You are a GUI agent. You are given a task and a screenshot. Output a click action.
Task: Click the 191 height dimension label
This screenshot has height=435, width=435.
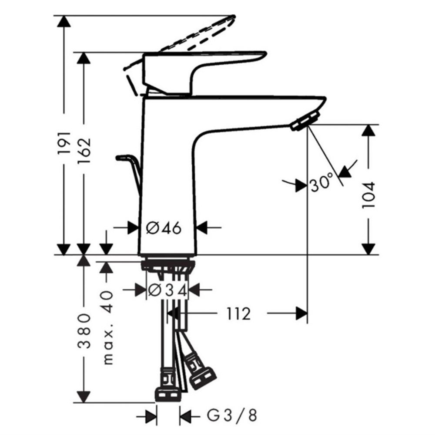[x=64, y=143]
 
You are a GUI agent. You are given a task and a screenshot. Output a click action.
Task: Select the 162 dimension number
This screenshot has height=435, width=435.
[x=84, y=150]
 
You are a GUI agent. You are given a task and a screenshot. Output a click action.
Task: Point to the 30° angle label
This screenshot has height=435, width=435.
[x=322, y=182]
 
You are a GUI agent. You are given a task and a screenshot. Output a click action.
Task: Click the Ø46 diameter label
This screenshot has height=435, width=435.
[x=164, y=228]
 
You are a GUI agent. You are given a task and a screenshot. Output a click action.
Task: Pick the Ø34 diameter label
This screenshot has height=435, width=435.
[x=167, y=290]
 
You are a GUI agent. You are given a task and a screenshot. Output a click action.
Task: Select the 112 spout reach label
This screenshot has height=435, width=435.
[x=239, y=314]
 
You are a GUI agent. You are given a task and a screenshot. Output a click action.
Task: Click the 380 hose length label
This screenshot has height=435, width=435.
[x=84, y=331]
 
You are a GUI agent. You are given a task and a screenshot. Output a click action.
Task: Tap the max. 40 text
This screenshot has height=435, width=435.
[x=108, y=327]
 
